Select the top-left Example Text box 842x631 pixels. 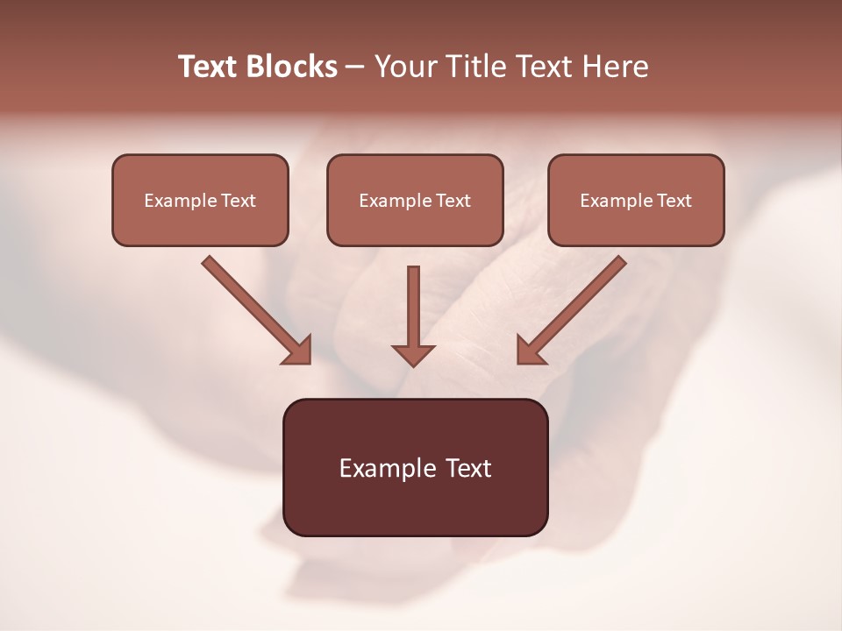200,200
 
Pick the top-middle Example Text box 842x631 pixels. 415,200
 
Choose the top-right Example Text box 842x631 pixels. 636,200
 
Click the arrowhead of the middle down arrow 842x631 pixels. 413,354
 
